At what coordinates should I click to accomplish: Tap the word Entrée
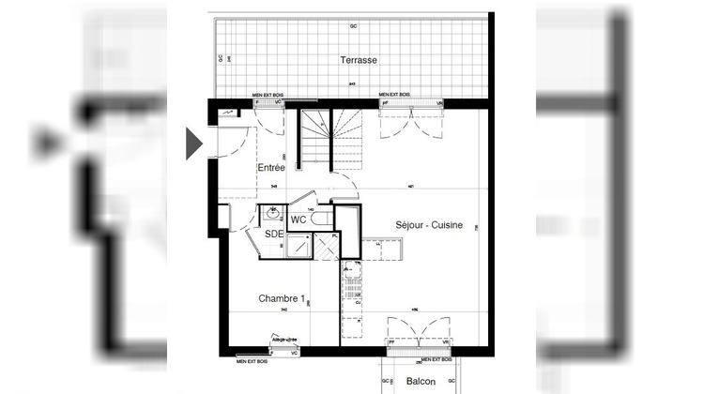pos(272,167)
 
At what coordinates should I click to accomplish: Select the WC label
pos(298,219)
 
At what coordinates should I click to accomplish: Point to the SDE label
pos(274,234)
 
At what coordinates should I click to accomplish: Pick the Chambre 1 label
pos(283,298)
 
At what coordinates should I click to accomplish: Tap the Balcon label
pos(421,383)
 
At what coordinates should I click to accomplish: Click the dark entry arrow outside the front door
pos(194,142)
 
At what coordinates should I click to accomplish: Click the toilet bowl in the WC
pos(321,218)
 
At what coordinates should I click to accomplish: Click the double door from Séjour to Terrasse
pos(410,121)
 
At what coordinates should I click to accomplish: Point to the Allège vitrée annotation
pos(284,339)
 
